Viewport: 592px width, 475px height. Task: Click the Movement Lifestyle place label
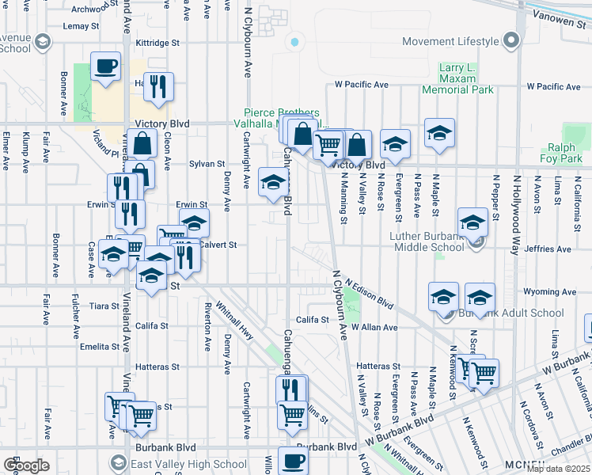(x=450, y=41)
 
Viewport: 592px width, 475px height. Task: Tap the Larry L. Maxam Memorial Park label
(x=467, y=79)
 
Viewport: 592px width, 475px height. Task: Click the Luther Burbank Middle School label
(x=426, y=241)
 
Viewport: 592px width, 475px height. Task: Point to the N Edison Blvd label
(x=370, y=295)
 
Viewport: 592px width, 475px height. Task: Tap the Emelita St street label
(x=99, y=346)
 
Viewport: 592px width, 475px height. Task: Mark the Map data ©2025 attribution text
(x=558, y=469)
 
